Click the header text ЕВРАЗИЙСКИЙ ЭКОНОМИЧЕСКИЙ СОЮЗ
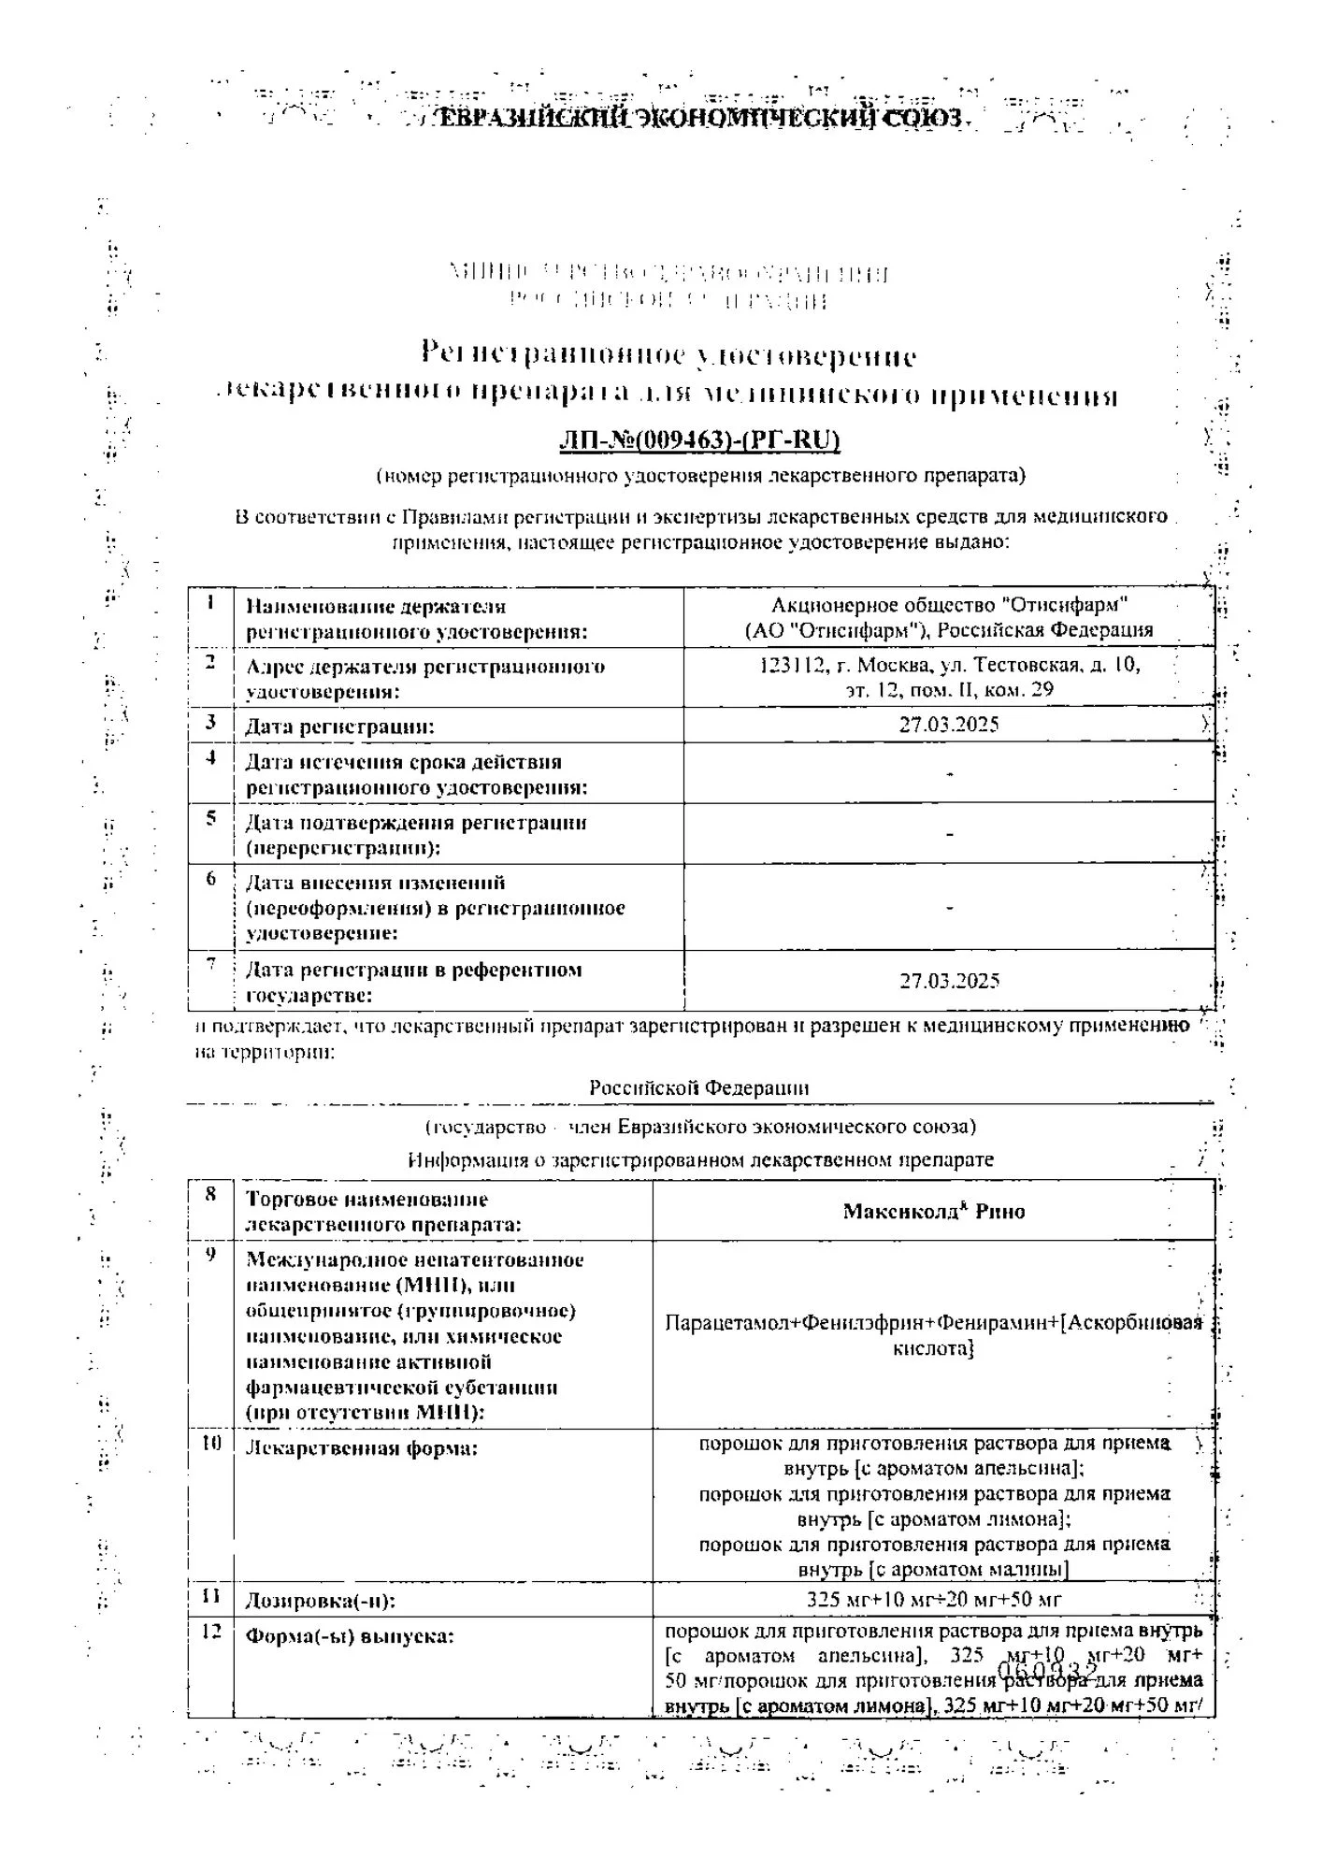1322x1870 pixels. click(x=699, y=119)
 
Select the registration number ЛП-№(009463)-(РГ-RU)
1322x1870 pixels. click(x=699, y=439)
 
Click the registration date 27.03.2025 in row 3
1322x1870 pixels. click(x=949, y=725)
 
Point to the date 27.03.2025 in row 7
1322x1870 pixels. click(x=949, y=981)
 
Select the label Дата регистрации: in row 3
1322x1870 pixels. click(x=339, y=726)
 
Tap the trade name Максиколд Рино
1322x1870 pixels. click(x=933, y=1211)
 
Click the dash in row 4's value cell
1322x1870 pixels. click(x=949, y=773)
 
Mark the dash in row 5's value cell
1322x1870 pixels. click(x=949, y=833)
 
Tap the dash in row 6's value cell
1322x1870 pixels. click(x=949, y=907)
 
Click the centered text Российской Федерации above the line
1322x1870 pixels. click(x=698, y=1088)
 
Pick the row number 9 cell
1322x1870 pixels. click(x=211, y=1254)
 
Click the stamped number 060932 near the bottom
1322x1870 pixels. click(x=1047, y=1670)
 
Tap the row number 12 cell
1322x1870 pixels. click(x=211, y=1632)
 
